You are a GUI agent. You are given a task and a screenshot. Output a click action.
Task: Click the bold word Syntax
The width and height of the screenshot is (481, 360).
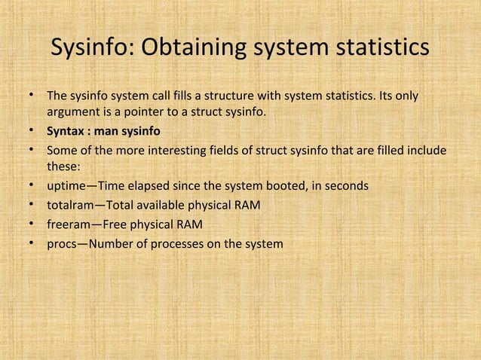pyautogui.click(x=67, y=130)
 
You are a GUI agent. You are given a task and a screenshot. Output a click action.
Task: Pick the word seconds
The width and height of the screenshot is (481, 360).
pyautogui.click(x=348, y=185)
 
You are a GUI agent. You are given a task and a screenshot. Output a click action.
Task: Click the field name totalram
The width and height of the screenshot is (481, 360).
pyautogui.click(x=69, y=205)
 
